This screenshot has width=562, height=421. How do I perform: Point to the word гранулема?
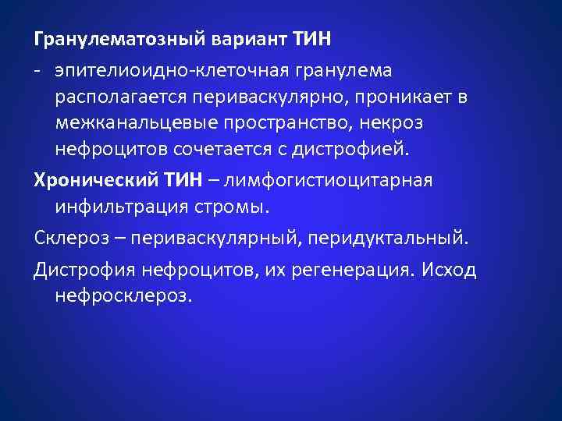[x=347, y=71]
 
